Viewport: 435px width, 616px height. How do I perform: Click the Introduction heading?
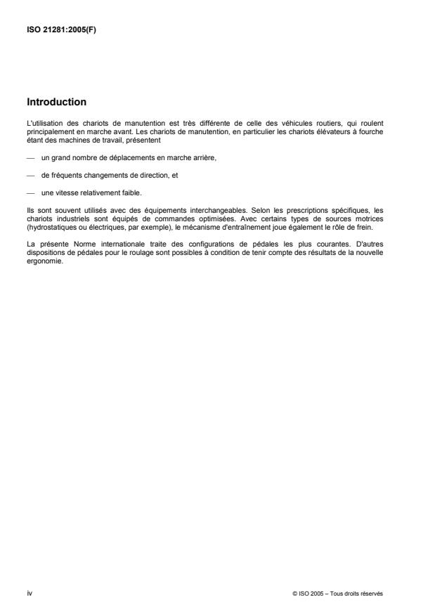(57, 101)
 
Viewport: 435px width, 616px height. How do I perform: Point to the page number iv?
(30, 594)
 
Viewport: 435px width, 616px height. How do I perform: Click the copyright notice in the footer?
(337, 594)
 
